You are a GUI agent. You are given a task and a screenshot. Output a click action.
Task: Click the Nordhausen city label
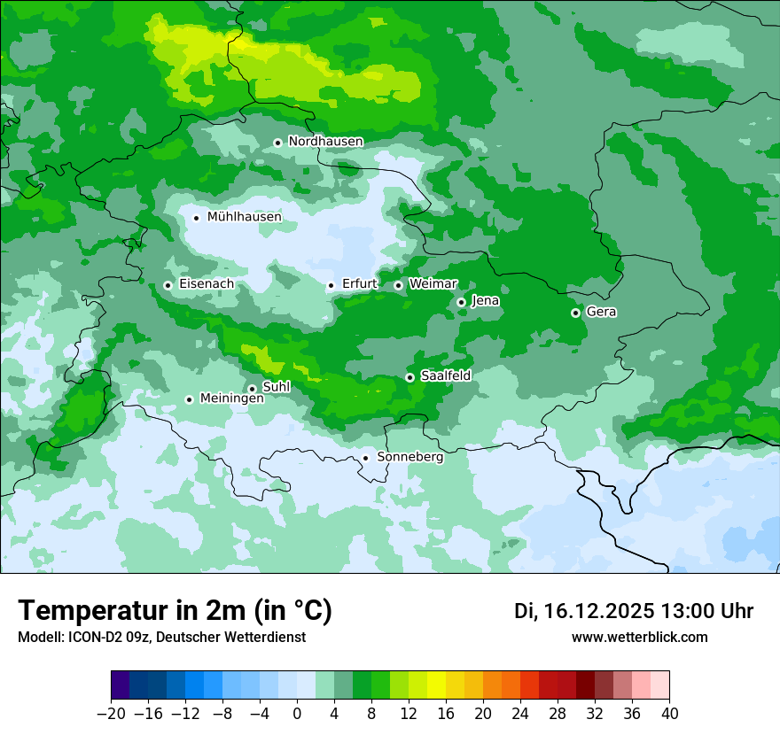[x=325, y=142]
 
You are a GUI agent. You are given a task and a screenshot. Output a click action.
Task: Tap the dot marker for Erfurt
[x=331, y=285]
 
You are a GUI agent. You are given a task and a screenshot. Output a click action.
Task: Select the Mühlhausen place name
[x=244, y=217]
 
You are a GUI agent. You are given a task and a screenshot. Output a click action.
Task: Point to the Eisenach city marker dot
[x=168, y=285]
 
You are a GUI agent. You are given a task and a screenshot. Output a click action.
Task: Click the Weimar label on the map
[x=433, y=283]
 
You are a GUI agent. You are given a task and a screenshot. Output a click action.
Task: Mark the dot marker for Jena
[x=461, y=302]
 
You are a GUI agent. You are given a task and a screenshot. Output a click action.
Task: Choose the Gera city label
[x=601, y=312]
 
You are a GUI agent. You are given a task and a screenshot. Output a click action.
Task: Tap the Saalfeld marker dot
[x=409, y=377]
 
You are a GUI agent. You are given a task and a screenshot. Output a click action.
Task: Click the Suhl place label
[x=277, y=387]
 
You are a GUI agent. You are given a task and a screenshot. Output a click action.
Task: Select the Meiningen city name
[x=231, y=398]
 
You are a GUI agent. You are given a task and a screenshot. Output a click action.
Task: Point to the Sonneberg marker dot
[x=365, y=458]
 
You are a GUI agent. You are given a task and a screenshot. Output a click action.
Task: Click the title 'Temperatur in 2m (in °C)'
[x=175, y=611]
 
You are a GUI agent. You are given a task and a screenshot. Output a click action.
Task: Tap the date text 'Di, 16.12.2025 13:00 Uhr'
[x=633, y=611]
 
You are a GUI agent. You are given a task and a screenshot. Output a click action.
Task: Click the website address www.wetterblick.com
[x=639, y=638]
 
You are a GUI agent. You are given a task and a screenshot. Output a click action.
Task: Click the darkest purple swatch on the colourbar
[x=121, y=686]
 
